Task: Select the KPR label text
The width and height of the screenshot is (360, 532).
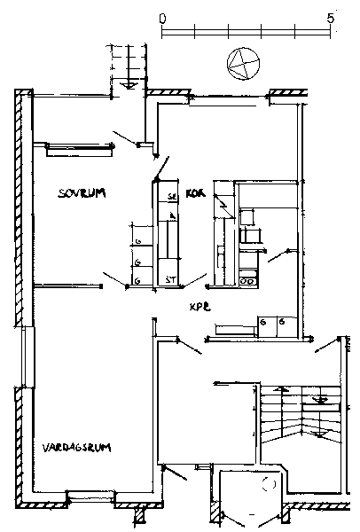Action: click(x=199, y=306)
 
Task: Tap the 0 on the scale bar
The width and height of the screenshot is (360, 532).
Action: click(x=161, y=18)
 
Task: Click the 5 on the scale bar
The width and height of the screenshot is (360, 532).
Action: click(x=331, y=18)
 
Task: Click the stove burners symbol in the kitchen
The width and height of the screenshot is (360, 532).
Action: click(x=249, y=280)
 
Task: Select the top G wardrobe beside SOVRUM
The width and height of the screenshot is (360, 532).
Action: click(x=138, y=240)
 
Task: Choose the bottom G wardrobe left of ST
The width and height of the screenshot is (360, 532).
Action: click(x=138, y=280)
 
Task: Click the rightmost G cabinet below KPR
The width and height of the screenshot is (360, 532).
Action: click(x=282, y=325)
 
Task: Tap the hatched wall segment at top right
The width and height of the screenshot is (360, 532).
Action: click(x=288, y=92)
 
